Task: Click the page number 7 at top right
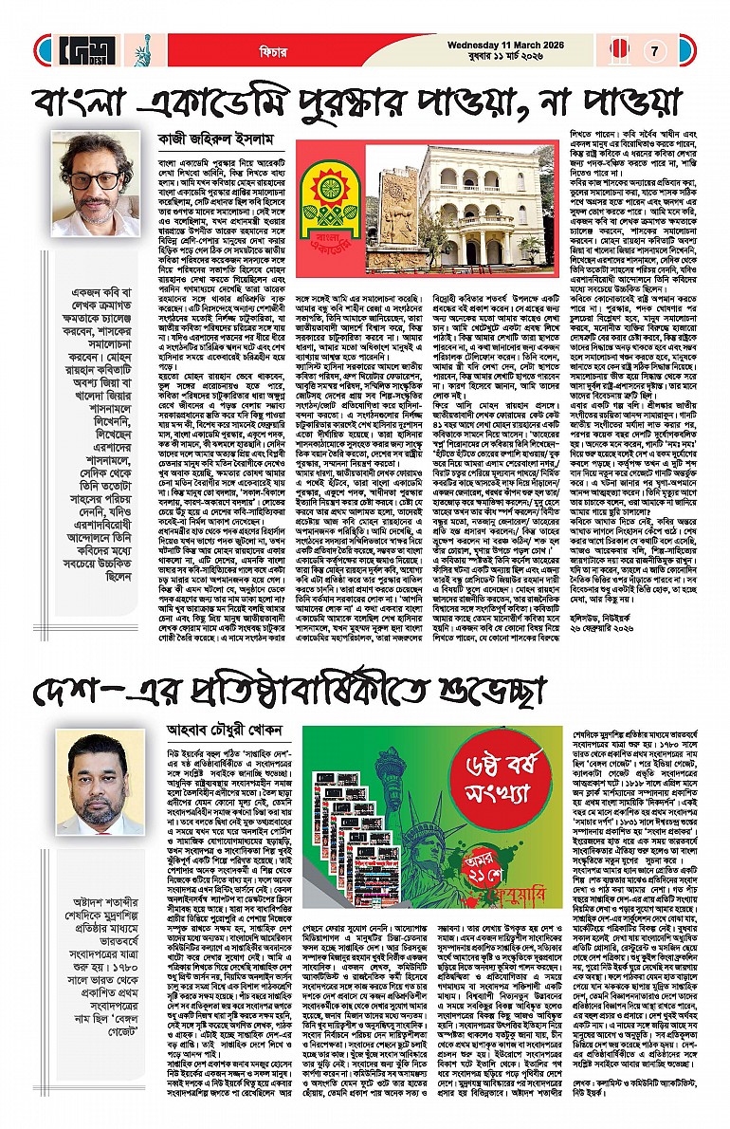[x=654, y=50]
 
